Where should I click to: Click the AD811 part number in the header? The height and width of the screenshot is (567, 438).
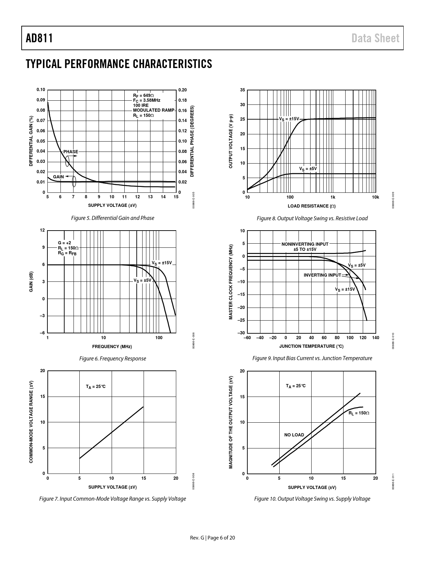tap(39, 38)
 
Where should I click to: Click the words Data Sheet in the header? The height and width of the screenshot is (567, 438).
tap(375, 38)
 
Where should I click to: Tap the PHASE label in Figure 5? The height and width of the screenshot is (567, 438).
tap(71, 152)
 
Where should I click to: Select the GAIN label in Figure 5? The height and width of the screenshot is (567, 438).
tap(58, 177)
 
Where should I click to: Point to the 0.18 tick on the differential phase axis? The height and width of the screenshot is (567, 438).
tap(182, 100)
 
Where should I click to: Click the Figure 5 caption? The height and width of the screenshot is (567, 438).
tap(112, 218)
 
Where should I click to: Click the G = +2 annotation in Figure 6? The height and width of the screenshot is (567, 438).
tap(65, 243)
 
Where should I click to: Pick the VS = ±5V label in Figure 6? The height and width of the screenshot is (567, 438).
tap(142, 280)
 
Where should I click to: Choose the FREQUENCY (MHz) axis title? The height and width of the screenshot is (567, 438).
tap(112, 346)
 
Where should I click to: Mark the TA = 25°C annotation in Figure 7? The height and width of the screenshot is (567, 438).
tap(96, 387)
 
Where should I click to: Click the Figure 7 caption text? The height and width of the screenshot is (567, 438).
tap(112, 499)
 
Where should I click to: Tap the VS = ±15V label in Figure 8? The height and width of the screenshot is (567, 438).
tap(289, 119)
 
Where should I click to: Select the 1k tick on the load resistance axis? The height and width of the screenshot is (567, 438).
tap(333, 197)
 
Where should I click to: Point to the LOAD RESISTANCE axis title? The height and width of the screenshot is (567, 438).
tap(312, 206)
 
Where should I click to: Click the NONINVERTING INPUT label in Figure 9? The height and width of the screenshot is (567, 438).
tap(305, 244)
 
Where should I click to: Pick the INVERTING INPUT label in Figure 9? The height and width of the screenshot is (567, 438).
tap(322, 275)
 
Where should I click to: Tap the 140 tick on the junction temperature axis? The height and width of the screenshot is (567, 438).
tap(375, 338)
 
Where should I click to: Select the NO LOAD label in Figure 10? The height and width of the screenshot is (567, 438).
tap(294, 435)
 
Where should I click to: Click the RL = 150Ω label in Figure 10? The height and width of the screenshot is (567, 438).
tap(359, 413)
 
